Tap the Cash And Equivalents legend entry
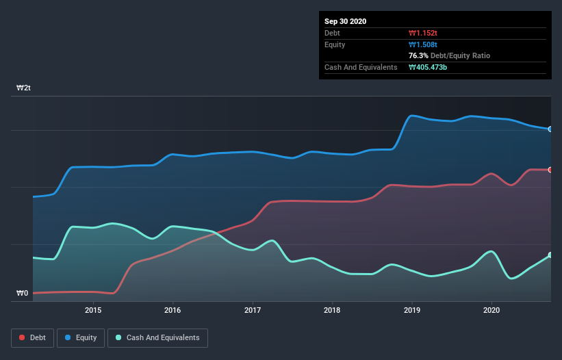[157, 337]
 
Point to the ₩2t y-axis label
[24, 88]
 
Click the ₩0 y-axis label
[23, 294]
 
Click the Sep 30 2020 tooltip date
[346, 21]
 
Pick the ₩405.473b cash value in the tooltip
[428, 67]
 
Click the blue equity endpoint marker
[550, 129]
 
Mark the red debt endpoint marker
[550, 170]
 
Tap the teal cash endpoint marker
[550, 255]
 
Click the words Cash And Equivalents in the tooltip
[361, 67]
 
